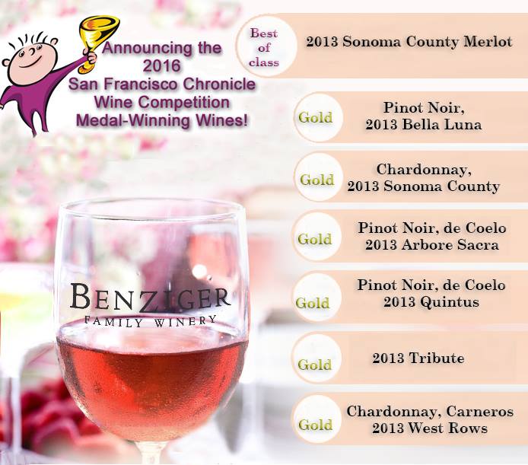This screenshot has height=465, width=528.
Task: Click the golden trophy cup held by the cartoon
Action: (x=97, y=40)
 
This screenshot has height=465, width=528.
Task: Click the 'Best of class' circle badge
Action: (x=266, y=47)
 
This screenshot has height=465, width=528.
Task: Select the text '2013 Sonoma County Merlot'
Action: (x=409, y=42)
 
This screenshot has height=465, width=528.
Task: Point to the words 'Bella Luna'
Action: (x=442, y=125)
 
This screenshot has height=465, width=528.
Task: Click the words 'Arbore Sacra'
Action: (x=450, y=244)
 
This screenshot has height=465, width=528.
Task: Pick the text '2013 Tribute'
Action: (x=418, y=358)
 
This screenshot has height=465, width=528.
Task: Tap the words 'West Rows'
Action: (x=447, y=428)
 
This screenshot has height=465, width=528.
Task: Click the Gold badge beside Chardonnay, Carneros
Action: (x=316, y=419)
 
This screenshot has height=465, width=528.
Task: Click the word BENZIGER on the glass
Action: (x=150, y=298)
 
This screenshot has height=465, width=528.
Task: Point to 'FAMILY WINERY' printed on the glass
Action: (x=150, y=321)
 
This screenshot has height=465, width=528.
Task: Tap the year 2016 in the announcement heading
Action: (x=161, y=65)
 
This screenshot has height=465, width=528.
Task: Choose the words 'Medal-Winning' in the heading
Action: (x=133, y=120)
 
